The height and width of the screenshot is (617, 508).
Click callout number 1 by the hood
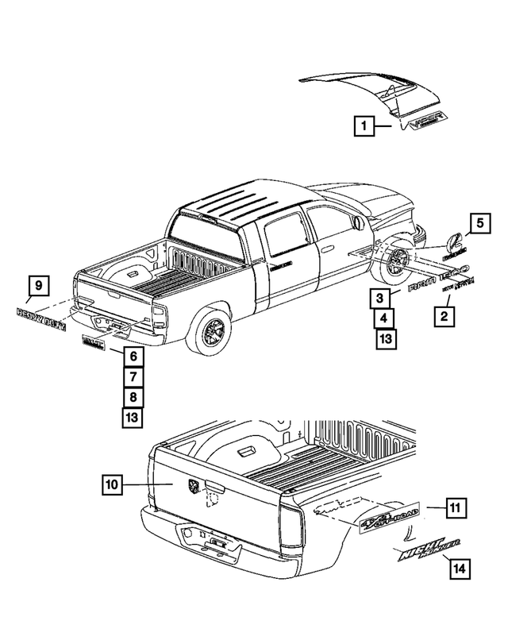[x=364, y=125]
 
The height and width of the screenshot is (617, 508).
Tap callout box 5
[x=479, y=224]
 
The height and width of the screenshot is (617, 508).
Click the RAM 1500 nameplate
[x=439, y=276]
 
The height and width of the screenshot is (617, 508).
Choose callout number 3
[x=382, y=299]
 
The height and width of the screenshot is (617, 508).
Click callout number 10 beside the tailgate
[x=114, y=483]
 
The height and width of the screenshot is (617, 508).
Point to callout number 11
[x=456, y=507]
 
